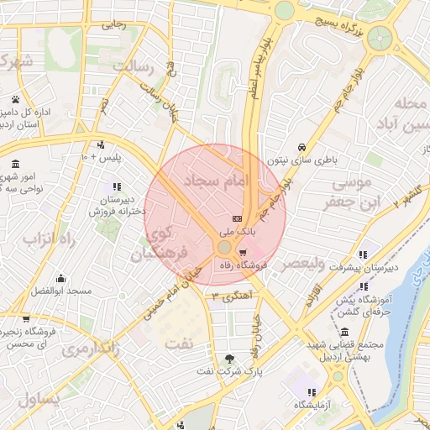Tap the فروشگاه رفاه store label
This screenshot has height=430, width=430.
tap(242, 265)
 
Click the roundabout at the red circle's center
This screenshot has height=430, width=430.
tap(224, 247)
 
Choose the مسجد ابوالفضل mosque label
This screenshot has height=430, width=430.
tap(59, 291)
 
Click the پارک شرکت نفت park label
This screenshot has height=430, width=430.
tap(230, 370)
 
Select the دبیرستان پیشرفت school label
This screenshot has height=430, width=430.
tap(362, 268)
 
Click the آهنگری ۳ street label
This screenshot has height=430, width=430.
tap(233, 295)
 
